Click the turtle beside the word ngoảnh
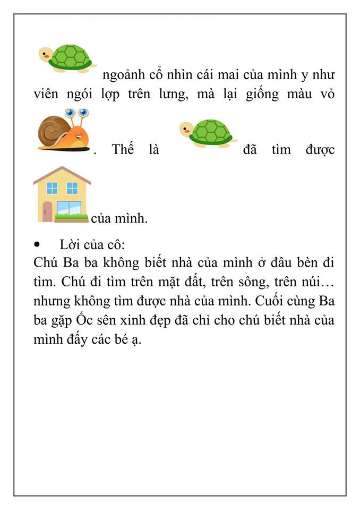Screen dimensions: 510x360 68,57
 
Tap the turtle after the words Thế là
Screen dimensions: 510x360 208,133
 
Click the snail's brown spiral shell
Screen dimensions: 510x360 53,130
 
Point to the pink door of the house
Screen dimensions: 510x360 47,211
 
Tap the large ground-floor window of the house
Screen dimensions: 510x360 70,208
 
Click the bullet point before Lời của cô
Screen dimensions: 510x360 37,245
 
